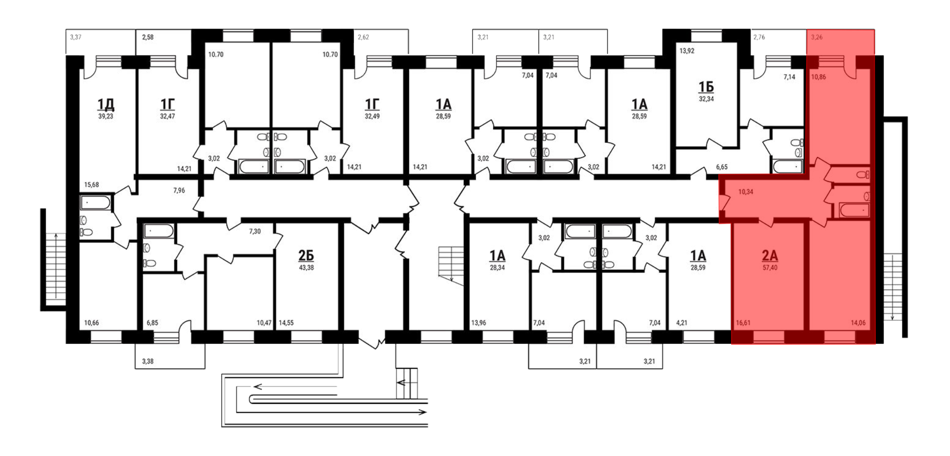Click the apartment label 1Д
[x=105, y=104]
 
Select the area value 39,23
[x=105, y=116]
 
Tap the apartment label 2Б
[x=306, y=256]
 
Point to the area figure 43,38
[x=306, y=268]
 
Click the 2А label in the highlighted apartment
[x=769, y=256]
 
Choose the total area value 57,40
[x=769, y=268]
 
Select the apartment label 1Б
[x=706, y=87]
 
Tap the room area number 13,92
[x=687, y=51]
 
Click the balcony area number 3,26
[x=817, y=37]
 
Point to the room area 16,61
[x=743, y=323]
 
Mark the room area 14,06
[x=858, y=323]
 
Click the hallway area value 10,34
[x=745, y=192]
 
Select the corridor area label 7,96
[x=179, y=190]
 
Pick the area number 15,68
[x=92, y=185]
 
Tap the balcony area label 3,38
[x=148, y=361]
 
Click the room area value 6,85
[x=152, y=323]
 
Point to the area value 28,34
[x=497, y=268]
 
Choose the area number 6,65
[x=722, y=167]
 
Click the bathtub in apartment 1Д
[x=96, y=203]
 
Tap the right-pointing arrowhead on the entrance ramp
[x=423, y=412]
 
